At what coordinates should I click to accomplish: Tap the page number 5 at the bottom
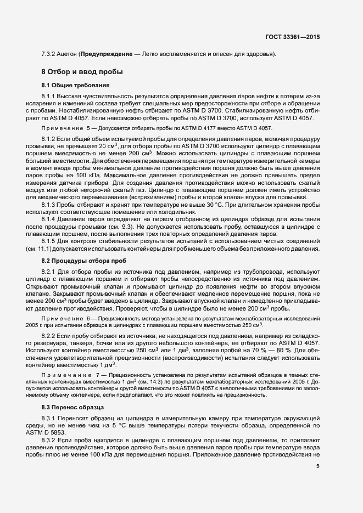pyautogui.click(x=318, y=466)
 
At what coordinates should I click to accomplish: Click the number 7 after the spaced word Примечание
pyautogui.click(x=96, y=374)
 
